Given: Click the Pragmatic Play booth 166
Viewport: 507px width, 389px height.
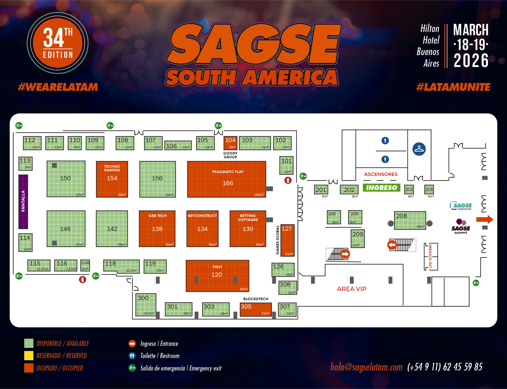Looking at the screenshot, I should [x=227, y=179].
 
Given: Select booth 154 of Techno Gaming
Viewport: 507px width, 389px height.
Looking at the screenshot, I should [x=112, y=179].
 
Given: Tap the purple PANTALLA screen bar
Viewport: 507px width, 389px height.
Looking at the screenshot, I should [x=23, y=201].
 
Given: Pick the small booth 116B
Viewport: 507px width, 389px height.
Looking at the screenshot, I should [x=85, y=265].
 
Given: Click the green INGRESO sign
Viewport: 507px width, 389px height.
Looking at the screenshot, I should [x=382, y=188].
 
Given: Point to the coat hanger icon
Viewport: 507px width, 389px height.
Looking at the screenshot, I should [x=419, y=149].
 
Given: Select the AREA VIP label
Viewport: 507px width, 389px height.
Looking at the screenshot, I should [x=352, y=289].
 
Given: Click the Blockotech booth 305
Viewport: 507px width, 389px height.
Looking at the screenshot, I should [x=256, y=309].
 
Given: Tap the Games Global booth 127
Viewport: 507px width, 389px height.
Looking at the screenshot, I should [x=287, y=240].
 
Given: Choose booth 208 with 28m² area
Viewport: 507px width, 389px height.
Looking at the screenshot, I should [x=410, y=220].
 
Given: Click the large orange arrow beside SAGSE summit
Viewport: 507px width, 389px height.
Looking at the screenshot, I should [x=484, y=219].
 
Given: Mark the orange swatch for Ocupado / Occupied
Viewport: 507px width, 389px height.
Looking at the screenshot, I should [x=29, y=368].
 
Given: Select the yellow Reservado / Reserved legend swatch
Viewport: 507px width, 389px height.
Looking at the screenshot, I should [x=29, y=356].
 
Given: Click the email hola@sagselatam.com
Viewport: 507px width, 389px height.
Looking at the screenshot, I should [x=366, y=367].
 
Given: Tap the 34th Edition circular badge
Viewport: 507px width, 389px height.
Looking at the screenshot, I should [x=58, y=43].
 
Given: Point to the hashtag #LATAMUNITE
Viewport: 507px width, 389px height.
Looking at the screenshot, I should [x=453, y=87].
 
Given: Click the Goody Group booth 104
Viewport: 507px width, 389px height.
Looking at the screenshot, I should [x=230, y=143].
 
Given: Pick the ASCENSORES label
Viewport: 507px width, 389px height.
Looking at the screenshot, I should [x=381, y=174].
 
